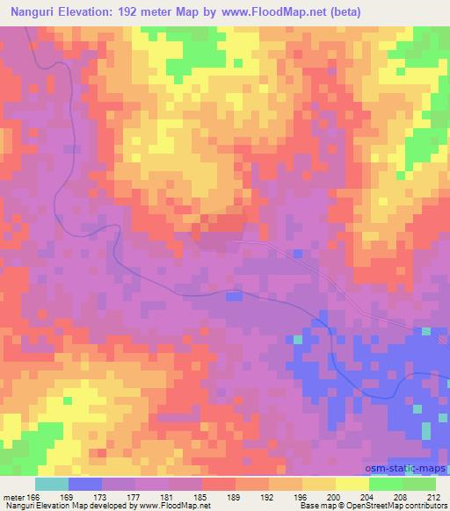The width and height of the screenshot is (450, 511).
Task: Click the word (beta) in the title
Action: [x=340, y=13]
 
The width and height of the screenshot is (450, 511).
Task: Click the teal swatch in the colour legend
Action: [x=52, y=484]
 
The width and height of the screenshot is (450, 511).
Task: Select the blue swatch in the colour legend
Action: [x=84, y=484]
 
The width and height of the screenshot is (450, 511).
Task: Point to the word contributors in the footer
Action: [x=426, y=507]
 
